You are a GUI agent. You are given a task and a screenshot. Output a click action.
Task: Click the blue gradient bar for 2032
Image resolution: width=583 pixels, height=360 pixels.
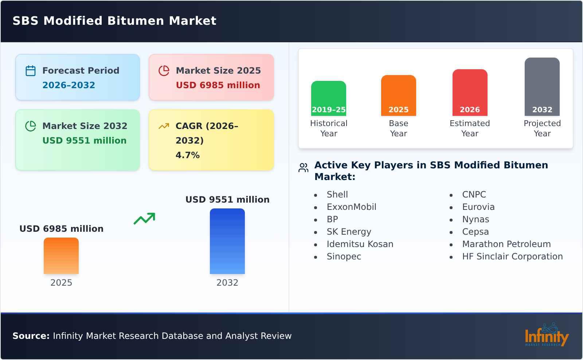pyautogui.click(x=227, y=241)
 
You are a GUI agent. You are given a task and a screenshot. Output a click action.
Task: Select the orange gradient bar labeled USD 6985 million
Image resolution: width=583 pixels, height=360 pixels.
pyautogui.click(x=61, y=256)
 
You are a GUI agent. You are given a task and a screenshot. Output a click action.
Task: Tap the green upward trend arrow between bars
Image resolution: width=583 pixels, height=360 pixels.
pyautogui.click(x=144, y=219)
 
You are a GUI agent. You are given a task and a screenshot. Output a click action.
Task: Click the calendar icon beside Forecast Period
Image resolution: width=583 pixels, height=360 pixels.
pyautogui.click(x=31, y=71)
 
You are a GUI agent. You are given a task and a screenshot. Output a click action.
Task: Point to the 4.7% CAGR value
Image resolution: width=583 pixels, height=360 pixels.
pyautogui.click(x=187, y=155)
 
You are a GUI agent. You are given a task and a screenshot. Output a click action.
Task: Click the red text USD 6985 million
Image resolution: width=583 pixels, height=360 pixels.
pyautogui.click(x=218, y=85)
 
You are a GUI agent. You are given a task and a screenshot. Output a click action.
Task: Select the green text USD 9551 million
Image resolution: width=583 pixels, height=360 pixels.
pyautogui.click(x=85, y=141)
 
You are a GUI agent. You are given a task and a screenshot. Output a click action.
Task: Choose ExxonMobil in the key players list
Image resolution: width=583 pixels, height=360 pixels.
pyautogui.click(x=351, y=207)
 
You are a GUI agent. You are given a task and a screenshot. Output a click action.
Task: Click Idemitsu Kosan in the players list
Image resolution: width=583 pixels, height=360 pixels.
pyautogui.click(x=360, y=244)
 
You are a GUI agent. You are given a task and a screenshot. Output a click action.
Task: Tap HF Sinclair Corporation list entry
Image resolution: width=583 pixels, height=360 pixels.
pyautogui.click(x=512, y=257)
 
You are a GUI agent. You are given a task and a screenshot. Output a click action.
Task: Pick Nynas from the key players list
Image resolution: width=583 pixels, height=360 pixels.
pyautogui.click(x=475, y=219)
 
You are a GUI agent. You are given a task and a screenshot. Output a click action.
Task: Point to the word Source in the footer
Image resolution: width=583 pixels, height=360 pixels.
pyautogui.click(x=31, y=336)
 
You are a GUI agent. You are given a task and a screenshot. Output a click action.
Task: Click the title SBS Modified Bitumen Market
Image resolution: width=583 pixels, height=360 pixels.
pyautogui.click(x=114, y=21)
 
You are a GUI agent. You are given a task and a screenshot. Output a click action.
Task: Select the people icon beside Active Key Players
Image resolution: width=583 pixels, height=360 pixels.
pyautogui.click(x=303, y=168)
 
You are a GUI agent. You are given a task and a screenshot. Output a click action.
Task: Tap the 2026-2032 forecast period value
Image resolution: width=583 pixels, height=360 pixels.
pyautogui.click(x=69, y=85)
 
